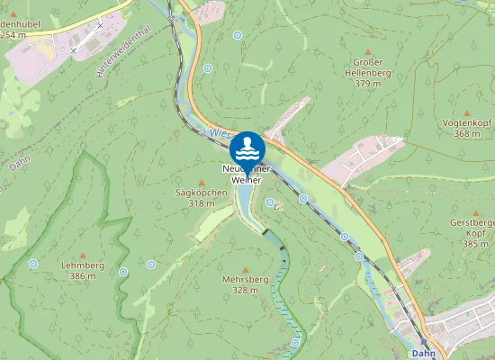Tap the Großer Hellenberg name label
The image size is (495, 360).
[x=363, y=67]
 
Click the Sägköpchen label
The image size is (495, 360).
[x=201, y=193]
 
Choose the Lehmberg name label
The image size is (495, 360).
[x=83, y=265]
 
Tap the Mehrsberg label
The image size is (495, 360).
[x=246, y=280]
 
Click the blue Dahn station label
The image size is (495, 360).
[x=423, y=354]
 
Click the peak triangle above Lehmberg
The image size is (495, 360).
[x=83, y=255]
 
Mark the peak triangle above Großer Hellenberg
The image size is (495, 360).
[x=363, y=50]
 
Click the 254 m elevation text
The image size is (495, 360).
[x=13, y=35]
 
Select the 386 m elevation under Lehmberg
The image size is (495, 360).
[x=83, y=276]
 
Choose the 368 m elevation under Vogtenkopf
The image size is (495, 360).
[x=467, y=133]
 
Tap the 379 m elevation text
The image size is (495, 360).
[x=363, y=84]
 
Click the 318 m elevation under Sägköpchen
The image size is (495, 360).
[x=201, y=203]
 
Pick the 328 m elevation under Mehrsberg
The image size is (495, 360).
[x=246, y=291]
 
